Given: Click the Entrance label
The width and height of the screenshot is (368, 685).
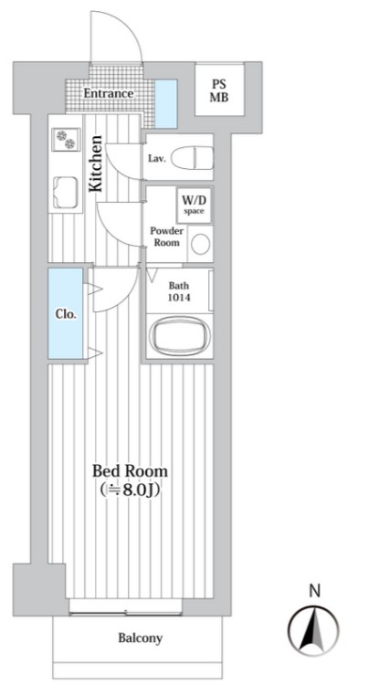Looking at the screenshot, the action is [x=109, y=93].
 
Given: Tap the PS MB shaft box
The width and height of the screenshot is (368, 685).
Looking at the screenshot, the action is [x=219, y=90].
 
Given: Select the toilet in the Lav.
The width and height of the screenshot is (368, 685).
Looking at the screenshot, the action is [x=193, y=157].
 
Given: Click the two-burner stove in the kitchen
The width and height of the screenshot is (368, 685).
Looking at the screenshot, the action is [x=66, y=139].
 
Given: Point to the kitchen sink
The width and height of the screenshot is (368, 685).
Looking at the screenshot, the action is [x=66, y=193].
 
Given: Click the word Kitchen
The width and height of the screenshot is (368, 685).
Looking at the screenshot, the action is [x=96, y=163].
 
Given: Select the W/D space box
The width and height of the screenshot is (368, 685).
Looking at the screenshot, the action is [x=193, y=205].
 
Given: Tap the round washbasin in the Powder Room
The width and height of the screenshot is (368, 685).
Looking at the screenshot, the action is [x=200, y=245].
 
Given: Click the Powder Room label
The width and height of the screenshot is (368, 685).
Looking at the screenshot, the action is [x=167, y=237].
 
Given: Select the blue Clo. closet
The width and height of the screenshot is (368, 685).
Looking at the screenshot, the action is [x=66, y=313].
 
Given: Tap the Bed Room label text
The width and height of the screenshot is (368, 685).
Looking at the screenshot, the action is [x=130, y=471].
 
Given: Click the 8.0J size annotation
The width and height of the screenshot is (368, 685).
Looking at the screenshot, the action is [x=130, y=490].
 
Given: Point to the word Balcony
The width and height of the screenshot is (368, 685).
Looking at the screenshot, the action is [x=140, y=638].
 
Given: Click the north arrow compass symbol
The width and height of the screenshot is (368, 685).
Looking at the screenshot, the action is [x=313, y=630].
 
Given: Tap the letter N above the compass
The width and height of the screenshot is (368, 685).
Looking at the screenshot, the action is [x=314, y=591].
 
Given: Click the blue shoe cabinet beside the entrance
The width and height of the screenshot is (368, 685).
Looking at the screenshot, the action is [x=166, y=104].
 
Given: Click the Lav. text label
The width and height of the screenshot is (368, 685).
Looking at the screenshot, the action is [x=157, y=159].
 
